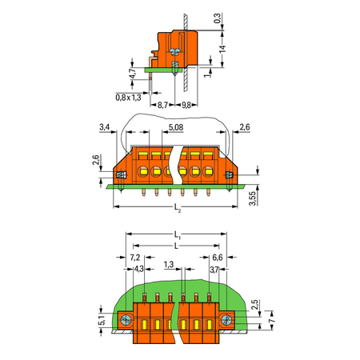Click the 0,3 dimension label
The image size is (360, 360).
point(218,18)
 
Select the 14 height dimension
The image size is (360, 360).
point(222,49)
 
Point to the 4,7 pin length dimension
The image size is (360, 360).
point(132,74)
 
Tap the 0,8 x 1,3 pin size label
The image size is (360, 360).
point(128,98)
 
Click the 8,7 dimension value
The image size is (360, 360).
point(162,105)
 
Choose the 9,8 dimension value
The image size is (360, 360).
point(186,105)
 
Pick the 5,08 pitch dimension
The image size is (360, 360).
point(176,127)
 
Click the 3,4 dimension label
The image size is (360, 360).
point(105,126)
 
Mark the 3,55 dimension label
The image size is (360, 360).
point(252,198)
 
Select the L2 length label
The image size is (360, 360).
point(178,207)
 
